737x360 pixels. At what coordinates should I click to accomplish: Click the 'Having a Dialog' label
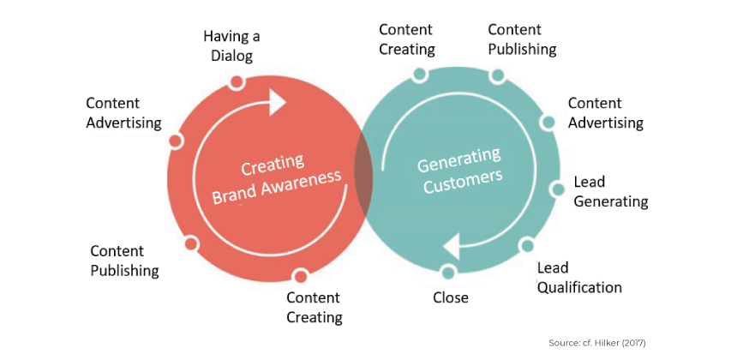231,45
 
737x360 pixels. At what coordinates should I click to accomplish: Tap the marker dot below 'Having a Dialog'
237,82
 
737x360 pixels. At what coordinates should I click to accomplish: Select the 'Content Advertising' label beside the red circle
123,112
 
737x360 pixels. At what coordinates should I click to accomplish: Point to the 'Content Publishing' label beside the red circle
124,261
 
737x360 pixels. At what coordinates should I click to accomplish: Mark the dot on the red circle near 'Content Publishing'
191,244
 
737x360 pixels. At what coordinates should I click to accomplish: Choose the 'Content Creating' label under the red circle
314,307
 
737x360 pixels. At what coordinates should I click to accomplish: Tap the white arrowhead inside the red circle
277,104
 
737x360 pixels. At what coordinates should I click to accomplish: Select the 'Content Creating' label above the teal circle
407,39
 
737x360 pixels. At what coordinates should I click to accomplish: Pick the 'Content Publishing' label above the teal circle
522,39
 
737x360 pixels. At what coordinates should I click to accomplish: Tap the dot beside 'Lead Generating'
556,189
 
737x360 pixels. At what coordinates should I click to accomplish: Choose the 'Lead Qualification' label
579,278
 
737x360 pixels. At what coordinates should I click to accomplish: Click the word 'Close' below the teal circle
451,297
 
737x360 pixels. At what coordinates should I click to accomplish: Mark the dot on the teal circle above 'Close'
448,272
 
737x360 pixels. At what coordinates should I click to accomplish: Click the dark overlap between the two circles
364,177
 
